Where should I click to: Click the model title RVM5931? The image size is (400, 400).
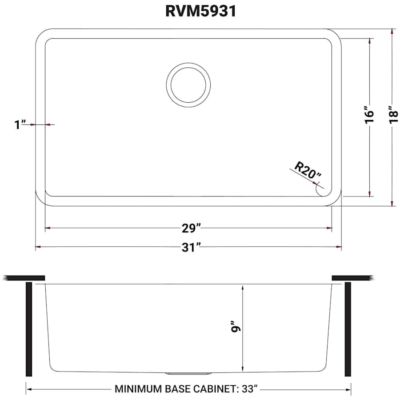click(x=200, y=11)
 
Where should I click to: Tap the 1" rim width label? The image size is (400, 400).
click(x=20, y=124)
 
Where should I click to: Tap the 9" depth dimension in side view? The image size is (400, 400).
click(x=237, y=328)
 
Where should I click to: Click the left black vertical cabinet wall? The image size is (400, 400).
click(x=29, y=329)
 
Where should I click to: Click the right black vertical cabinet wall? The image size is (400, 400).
click(x=348, y=329)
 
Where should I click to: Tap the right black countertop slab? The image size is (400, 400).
click(x=351, y=278)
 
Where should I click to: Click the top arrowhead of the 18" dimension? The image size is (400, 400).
click(x=392, y=32)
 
